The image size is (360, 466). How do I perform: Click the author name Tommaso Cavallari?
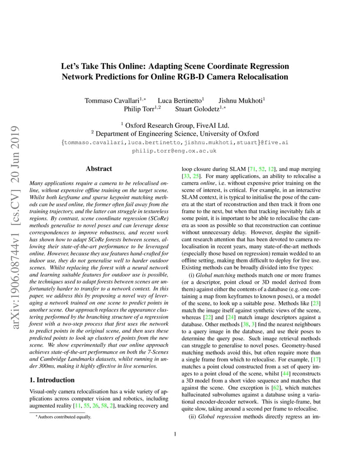click(112, 100)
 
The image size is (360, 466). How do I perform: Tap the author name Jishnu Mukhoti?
click(240, 100)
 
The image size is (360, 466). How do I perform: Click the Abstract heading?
click(99, 169)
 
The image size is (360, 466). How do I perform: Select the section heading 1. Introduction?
click(54, 379)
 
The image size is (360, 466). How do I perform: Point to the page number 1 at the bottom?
click(174, 434)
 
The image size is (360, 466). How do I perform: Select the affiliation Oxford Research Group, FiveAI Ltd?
click(177, 125)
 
